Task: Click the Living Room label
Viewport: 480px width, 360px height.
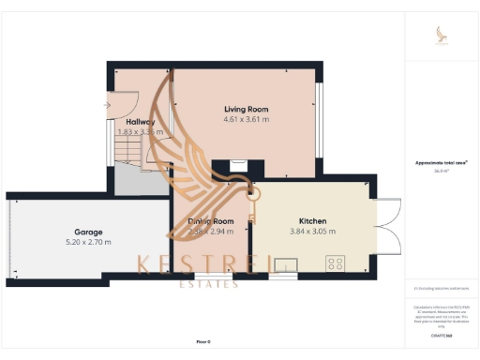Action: click(247, 109)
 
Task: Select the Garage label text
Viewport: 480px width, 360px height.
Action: click(88, 232)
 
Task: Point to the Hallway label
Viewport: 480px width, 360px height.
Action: click(140, 122)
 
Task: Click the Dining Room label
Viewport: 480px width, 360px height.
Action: click(210, 220)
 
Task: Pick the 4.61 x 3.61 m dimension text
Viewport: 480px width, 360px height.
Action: click(247, 120)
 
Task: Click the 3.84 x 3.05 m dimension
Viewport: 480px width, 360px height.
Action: click(312, 231)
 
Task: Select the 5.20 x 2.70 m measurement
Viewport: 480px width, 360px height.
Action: click(88, 242)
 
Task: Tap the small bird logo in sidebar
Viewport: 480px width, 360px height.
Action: click(441, 35)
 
